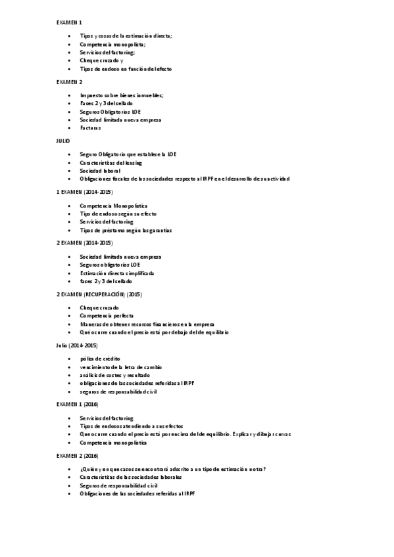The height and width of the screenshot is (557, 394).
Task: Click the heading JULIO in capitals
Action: click(62, 141)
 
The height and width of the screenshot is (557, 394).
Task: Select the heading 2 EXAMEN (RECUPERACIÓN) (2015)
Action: click(99, 294)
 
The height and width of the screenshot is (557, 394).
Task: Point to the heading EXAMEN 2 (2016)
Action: click(77, 455)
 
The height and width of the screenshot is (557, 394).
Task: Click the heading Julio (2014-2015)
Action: click(77, 345)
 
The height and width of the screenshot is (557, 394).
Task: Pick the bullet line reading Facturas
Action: click(91, 128)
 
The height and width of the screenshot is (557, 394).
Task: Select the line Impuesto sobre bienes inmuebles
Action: click(122, 95)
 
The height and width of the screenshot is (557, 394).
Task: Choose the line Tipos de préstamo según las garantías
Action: click(126, 231)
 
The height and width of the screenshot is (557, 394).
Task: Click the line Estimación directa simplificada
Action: click(117, 273)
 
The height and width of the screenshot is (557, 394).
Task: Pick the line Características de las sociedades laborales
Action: click(131, 477)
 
